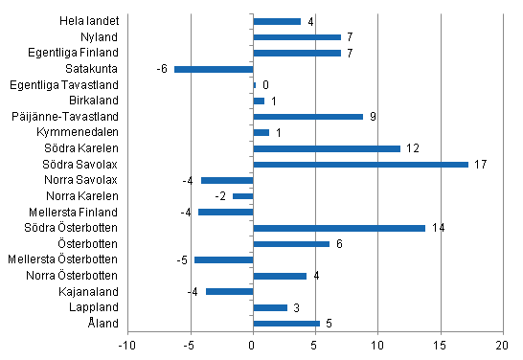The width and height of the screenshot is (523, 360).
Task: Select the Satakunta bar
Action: [x=214, y=69]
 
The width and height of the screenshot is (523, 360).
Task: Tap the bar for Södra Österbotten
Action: [x=339, y=228]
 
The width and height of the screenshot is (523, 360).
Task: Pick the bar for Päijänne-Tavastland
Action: [x=308, y=116]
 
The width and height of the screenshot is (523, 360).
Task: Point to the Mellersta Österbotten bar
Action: [x=224, y=259]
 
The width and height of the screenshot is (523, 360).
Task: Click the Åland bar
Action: [x=286, y=324]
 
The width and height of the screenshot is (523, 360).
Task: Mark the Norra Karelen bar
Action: [x=243, y=196]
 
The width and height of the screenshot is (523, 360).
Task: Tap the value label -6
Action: [x=163, y=69]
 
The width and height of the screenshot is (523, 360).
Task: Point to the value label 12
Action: [x=412, y=148]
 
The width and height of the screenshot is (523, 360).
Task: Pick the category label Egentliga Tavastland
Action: [x=70, y=84]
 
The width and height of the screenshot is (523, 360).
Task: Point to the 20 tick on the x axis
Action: [x=502, y=345]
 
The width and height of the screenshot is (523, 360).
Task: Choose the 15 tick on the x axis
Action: [x=440, y=345]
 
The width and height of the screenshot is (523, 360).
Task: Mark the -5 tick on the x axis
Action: [x=191, y=345]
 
